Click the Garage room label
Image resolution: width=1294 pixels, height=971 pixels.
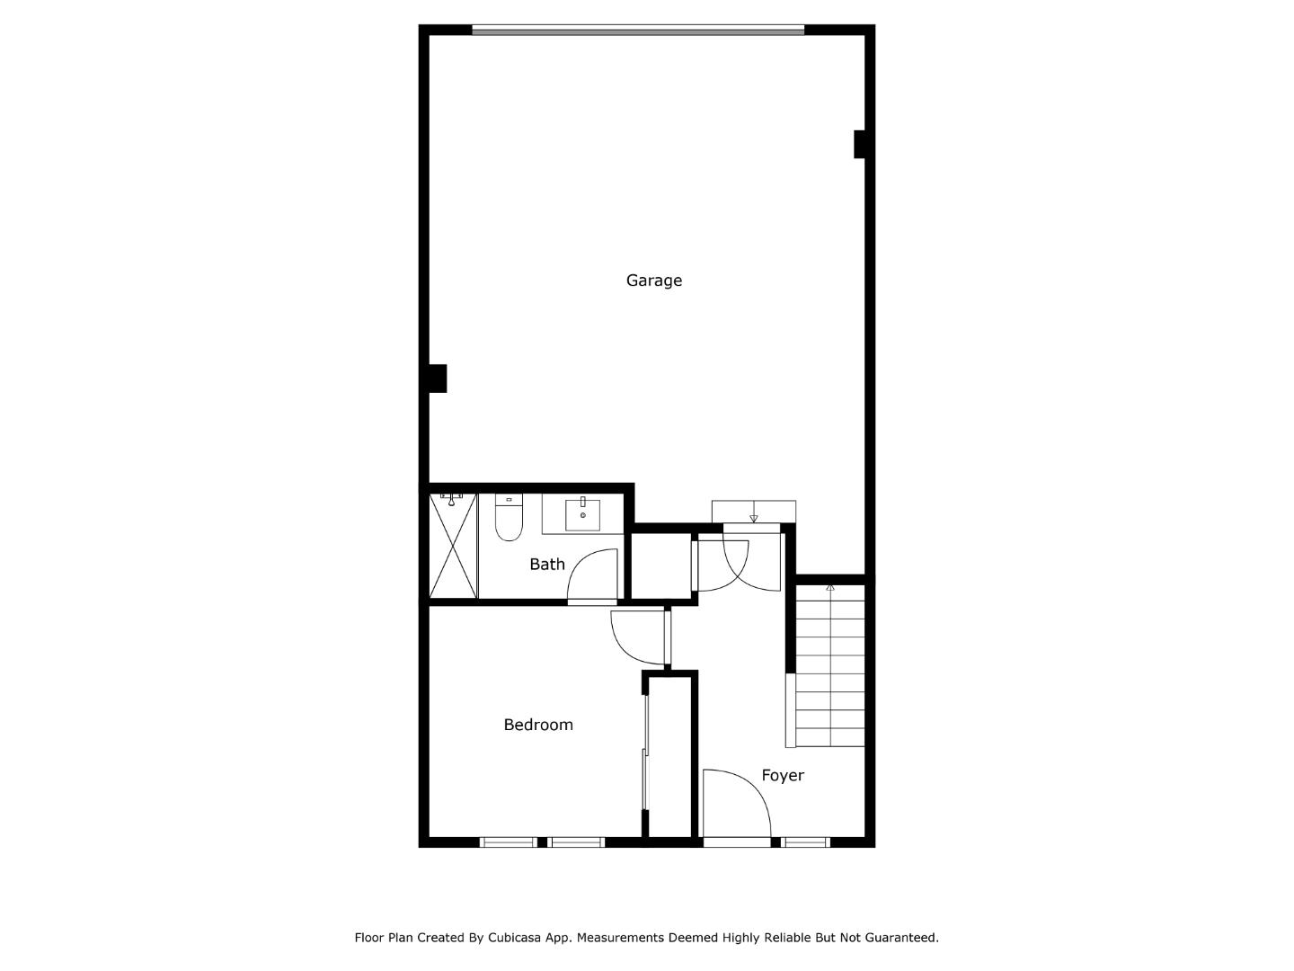point(653,281)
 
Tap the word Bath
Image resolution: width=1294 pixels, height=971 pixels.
point(546,565)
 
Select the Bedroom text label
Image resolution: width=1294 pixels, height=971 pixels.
point(537,725)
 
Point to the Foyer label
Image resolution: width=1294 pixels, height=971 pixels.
point(782,775)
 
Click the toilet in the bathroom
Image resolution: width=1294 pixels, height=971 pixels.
point(509,519)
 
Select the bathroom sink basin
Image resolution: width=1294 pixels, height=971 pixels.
point(583,515)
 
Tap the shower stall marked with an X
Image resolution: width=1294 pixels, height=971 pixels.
point(453,546)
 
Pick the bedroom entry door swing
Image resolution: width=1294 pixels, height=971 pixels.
point(636,637)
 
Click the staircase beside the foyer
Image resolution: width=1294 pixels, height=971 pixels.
point(829,665)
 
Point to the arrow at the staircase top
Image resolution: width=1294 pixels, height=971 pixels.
point(830,587)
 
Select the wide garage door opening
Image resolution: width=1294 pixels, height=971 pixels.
point(638,31)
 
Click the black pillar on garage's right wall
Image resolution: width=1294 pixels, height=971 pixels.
point(859,144)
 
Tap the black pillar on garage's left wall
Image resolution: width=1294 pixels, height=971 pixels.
point(437,378)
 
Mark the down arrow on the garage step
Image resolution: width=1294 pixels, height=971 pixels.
point(753,517)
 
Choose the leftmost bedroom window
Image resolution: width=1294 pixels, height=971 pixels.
point(508,842)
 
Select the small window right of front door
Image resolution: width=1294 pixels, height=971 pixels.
point(804,842)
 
